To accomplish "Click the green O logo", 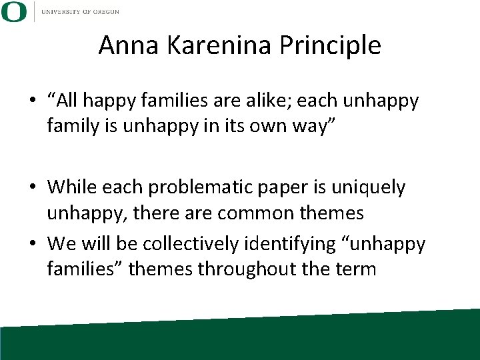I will pyautogui.click(x=13, y=11).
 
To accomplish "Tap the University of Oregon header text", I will pyautogui.click(x=82, y=11).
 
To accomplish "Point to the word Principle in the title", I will pyautogui.click(x=331, y=45).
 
